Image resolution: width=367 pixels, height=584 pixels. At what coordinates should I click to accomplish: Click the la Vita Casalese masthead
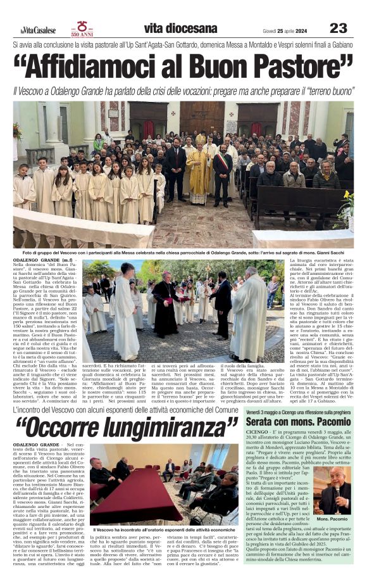tap(34, 30)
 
